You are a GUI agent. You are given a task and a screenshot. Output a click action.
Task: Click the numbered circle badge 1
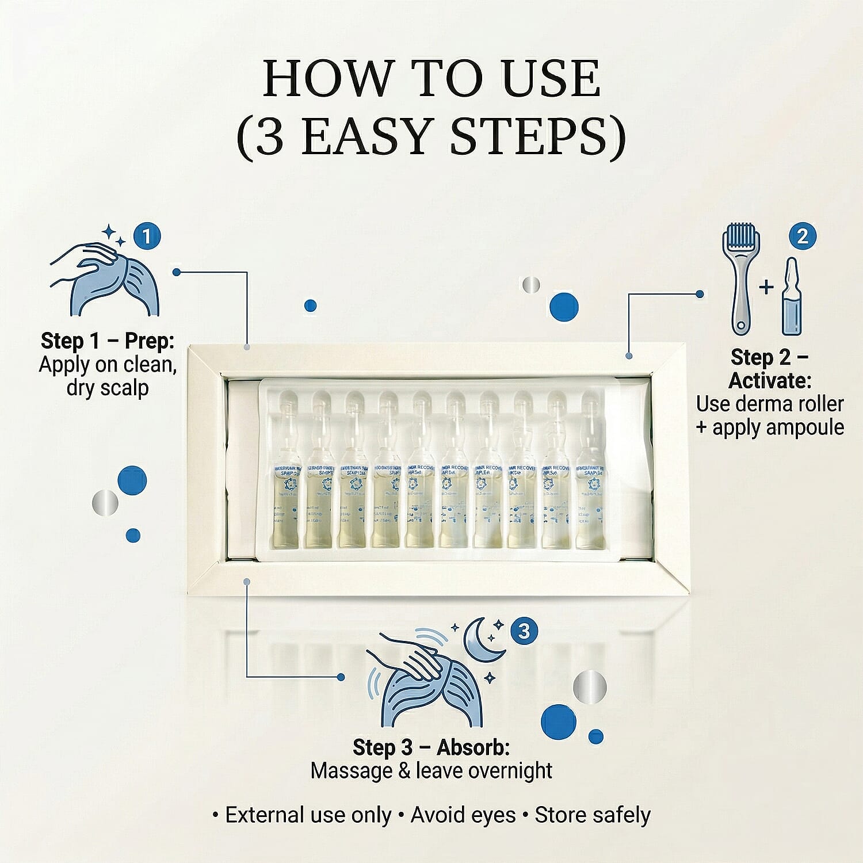click(147, 236)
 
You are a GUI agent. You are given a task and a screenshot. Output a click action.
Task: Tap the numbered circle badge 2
click(803, 236)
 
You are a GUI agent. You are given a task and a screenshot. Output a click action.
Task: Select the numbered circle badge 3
click(524, 631)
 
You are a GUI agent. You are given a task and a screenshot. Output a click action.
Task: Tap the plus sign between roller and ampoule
click(766, 286)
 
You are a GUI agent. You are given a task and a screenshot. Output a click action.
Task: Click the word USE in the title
click(551, 79)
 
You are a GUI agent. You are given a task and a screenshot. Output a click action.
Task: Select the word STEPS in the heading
click(538, 138)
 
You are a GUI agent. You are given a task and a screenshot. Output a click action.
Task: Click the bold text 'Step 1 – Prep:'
click(108, 341)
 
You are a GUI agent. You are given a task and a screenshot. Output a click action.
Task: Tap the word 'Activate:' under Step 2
click(770, 381)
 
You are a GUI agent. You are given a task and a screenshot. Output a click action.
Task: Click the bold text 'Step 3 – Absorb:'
click(431, 747)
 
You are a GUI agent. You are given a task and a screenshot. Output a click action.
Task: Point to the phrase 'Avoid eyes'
click(463, 815)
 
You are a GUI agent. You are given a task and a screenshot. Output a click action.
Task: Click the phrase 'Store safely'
click(593, 815)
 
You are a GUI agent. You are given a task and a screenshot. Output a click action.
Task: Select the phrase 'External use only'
click(308, 815)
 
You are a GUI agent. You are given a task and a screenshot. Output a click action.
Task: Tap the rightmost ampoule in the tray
click(590, 472)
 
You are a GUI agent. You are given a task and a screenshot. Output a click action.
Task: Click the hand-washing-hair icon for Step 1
click(104, 276)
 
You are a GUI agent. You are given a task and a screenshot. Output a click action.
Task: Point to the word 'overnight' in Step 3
click(510, 771)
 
